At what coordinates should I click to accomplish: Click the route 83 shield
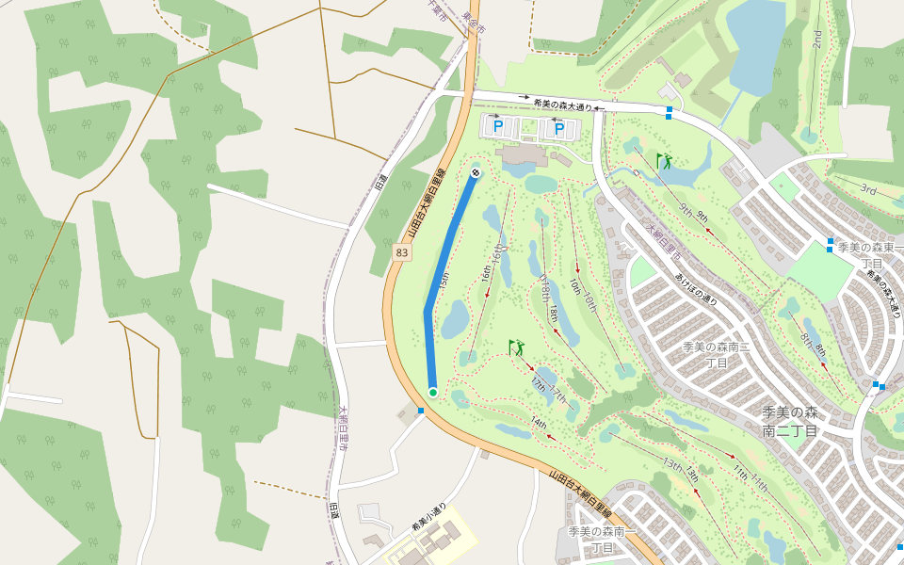pos(402,252)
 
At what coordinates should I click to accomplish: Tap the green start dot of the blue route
pos(432,392)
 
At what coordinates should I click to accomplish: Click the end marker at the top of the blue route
pos(476,172)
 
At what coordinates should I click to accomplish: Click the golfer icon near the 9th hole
pos(665,161)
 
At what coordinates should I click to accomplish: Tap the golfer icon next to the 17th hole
pos(516,347)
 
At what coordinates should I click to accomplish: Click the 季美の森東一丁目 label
pos(870,255)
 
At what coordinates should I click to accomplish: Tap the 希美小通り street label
pos(427,517)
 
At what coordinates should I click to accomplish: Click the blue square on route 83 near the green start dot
pos(420,411)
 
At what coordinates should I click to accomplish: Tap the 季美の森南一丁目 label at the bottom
pos(604,539)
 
